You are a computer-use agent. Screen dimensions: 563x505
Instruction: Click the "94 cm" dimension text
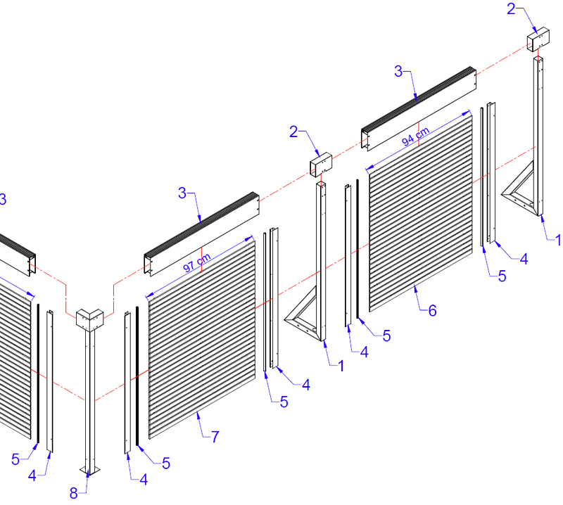415,136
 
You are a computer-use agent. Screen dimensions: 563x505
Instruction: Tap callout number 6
433,310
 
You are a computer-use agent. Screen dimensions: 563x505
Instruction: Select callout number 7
215,437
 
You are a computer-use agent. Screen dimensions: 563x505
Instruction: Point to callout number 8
74,494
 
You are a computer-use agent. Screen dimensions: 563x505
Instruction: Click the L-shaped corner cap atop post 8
90,319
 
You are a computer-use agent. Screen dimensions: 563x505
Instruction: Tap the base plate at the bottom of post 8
90,471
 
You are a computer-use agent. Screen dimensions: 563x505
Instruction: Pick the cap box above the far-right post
538,39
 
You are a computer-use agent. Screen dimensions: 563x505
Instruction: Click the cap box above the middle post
321,165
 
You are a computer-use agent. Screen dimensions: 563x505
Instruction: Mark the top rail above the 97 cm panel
201,234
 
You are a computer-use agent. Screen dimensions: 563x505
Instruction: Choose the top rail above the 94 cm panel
419,109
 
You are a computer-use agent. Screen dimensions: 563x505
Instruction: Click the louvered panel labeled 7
202,339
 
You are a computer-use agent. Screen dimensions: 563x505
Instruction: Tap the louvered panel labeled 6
421,211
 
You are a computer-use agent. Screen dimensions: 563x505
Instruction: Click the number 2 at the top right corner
511,9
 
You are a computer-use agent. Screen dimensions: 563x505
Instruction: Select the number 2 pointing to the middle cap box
293,132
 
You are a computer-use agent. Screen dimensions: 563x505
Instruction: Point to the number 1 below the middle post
341,366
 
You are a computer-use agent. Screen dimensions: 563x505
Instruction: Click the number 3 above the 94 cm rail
398,71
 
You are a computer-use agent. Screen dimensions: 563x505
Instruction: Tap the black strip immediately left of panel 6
358,249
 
